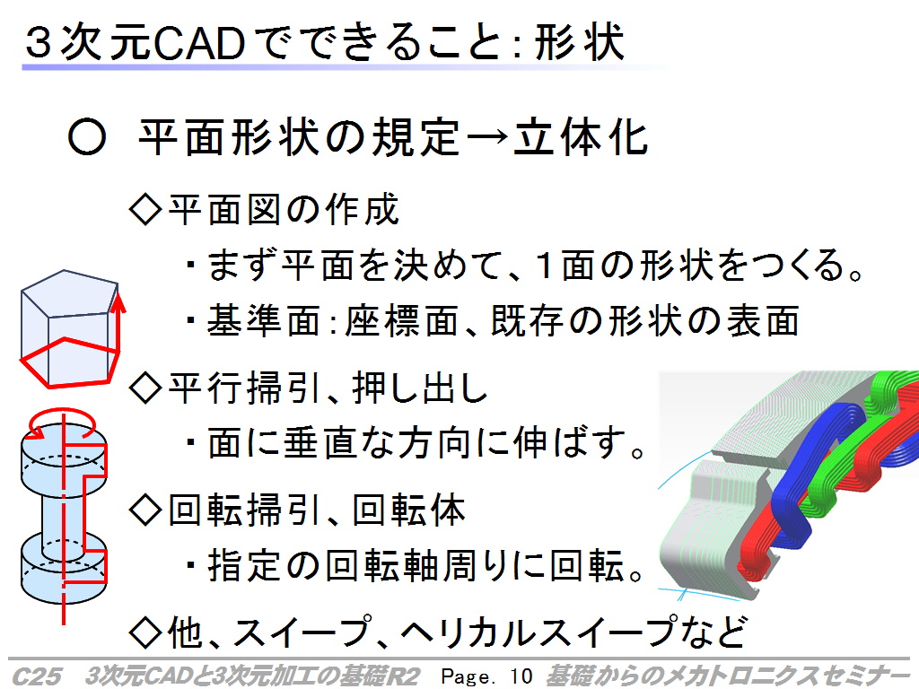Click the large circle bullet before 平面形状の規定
click(87, 138)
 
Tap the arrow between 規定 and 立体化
click(486, 137)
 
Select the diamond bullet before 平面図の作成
click(144, 209)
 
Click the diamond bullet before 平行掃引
click(144, 387)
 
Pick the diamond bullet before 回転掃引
click(144, 510)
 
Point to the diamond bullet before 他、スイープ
click(144, 631)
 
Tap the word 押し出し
click(420, 388)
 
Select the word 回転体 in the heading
click(409, 510)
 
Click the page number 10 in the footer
click(521, 676)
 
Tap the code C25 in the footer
click(36, 676)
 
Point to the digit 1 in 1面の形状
click(545, 265)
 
